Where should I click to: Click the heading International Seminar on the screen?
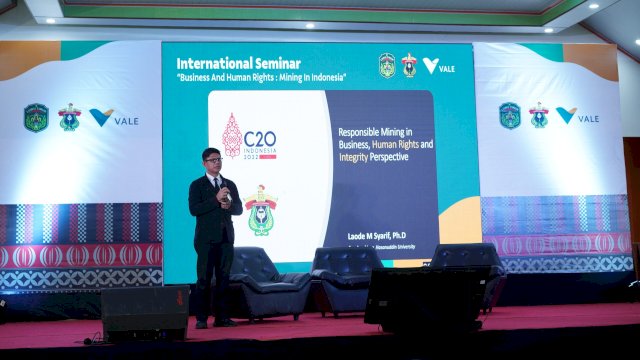238,63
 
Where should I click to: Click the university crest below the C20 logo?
261,211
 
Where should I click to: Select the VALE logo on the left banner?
113,118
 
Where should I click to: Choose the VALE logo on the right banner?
578,116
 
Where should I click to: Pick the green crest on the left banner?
36,118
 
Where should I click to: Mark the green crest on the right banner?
510,116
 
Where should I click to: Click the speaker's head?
211,161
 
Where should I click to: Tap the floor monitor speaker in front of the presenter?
145,313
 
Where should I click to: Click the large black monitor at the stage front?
427,298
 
